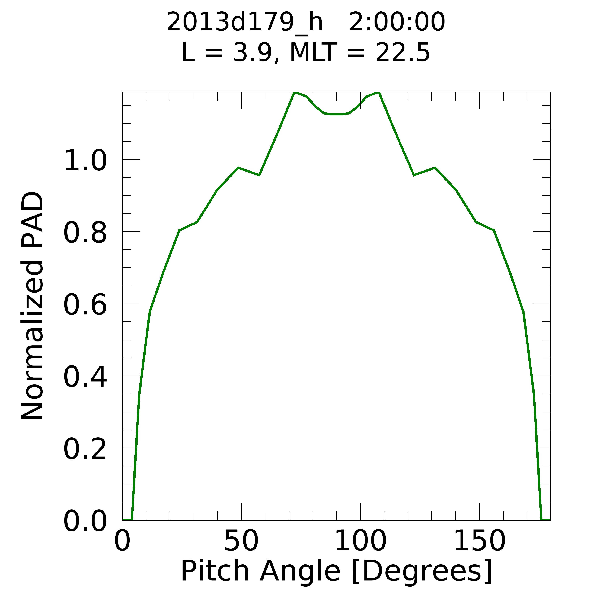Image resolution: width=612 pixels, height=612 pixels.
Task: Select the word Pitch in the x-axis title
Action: [x=215, y=571]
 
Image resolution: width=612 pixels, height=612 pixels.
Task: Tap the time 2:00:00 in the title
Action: [x=397, y=23]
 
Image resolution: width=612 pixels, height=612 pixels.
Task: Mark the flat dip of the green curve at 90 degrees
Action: [x=336, y=114]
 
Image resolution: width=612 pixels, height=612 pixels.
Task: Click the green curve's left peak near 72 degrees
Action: [x=295, y=93]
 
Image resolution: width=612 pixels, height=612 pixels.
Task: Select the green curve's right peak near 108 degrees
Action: [x=378, y=93]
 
